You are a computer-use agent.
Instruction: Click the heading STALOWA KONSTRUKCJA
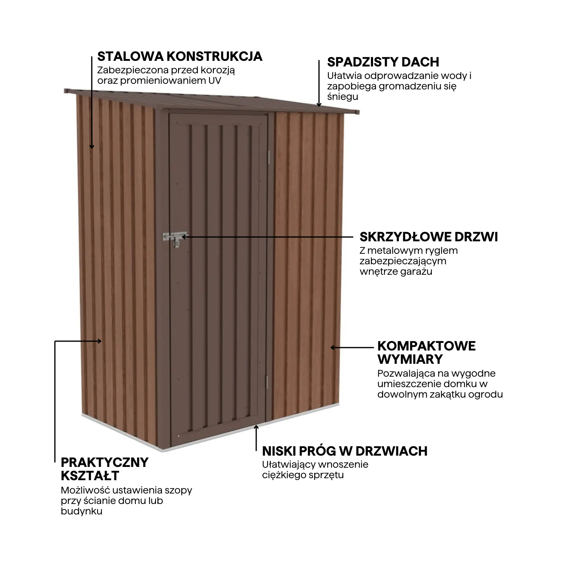(x=180, y=56)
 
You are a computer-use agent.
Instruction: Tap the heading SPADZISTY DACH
(x=383, y=62)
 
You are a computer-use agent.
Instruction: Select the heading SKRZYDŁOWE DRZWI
(x=429, y=236)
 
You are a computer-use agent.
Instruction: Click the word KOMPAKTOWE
(x=426, y=346)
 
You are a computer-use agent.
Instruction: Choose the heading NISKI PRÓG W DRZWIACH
(x=344, y=451)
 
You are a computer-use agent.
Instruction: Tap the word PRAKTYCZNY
(x=105, y=462)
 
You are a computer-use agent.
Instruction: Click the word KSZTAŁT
(x=90, y=475)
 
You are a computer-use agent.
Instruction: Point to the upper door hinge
(x=268, y=157)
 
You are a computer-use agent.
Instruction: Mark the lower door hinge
(x=267, y=381)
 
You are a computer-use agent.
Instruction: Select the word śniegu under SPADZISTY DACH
(x=342, y=96)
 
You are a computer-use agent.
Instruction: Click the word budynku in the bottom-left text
(x=81, y=511)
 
